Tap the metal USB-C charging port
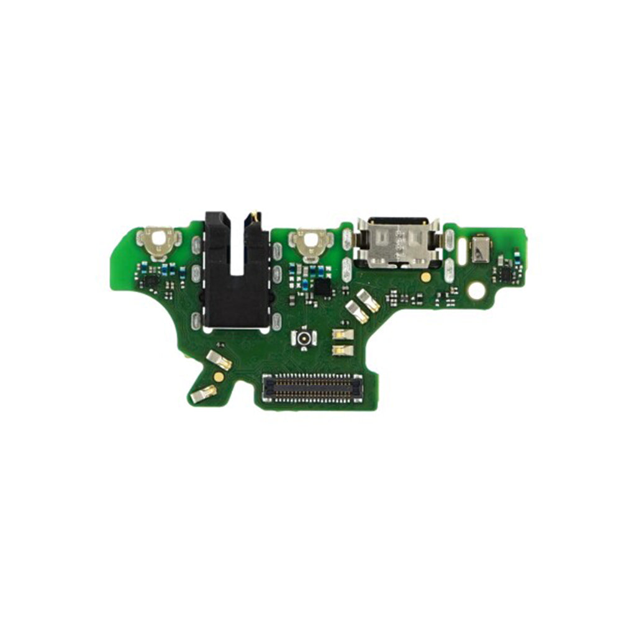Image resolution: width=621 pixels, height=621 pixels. click(x=396, y=242)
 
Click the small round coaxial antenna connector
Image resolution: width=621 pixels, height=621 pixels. click(x=304, y=338)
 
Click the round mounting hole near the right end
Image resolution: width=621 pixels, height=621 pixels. click(x=477, y=289)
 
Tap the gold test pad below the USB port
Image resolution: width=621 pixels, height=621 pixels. click(x=425, y=277)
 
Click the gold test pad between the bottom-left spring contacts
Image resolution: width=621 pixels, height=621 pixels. click(x=219, y=375)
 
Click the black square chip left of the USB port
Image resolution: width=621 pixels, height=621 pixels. click(x=323, y=287)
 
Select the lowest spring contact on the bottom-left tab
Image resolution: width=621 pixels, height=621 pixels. click(x=204, y=393)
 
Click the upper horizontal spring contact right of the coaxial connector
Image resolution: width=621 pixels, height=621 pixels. click(x=343, y=334)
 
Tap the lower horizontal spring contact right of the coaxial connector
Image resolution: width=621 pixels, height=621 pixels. click(x=343, y=350)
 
